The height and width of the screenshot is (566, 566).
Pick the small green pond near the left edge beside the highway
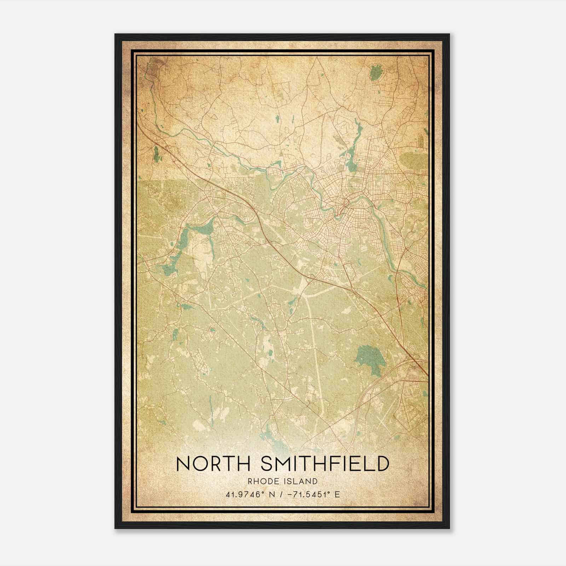coord(156,153)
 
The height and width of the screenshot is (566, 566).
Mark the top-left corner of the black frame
coord(115,34)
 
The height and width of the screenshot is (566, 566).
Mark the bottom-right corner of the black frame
coord(449,528)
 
